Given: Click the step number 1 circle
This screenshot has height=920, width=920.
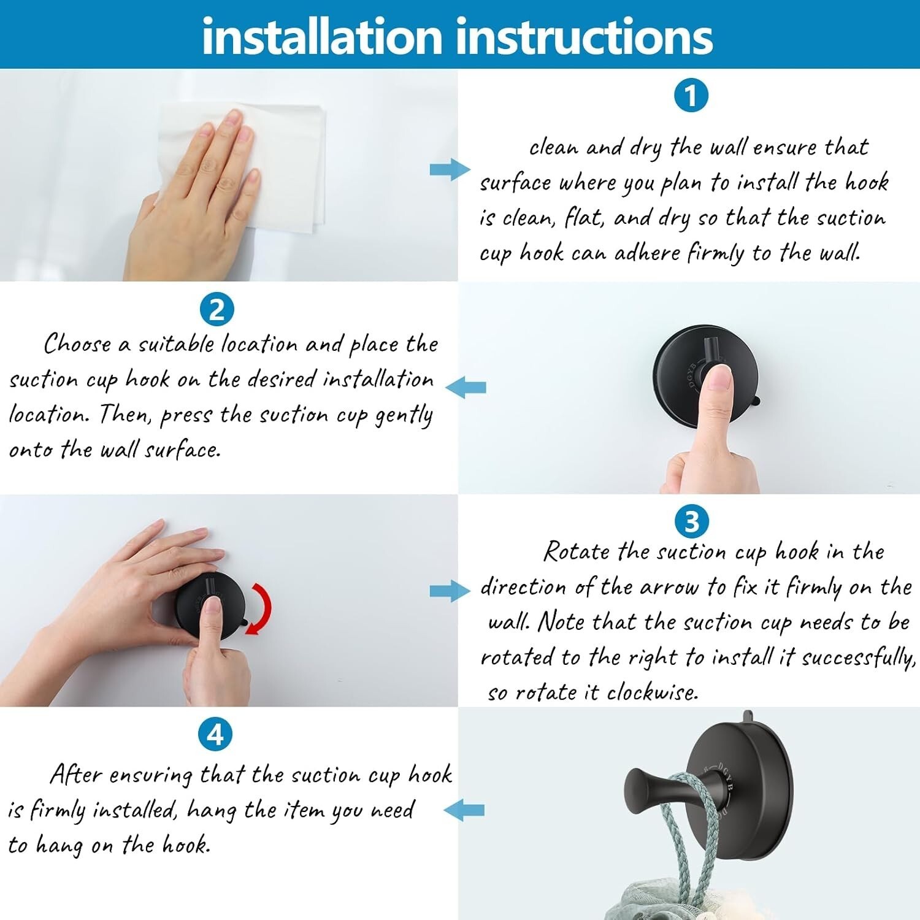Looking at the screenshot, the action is coord(691,96).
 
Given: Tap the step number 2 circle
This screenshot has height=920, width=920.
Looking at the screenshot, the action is coord(217,310).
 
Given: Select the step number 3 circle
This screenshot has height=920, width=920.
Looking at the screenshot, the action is coord(691,522).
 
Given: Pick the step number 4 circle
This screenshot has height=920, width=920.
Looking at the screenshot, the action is coord(216,734).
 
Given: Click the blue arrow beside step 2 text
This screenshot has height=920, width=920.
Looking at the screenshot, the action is coord(466,388).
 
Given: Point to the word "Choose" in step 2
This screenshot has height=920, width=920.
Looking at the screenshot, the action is coord(78,343).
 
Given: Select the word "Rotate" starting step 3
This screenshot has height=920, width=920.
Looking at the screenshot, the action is coord(577,551).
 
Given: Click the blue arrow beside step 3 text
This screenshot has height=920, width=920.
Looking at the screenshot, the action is coord(450,591).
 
